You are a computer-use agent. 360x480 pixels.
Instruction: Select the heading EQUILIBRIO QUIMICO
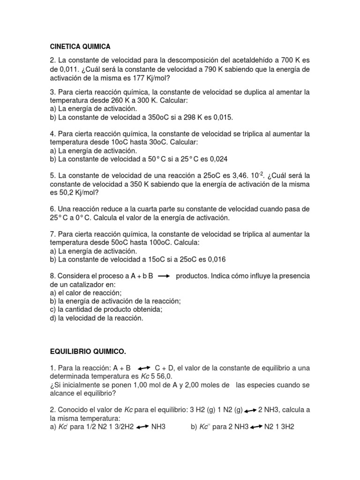pyautogui.click(x=88, y=351)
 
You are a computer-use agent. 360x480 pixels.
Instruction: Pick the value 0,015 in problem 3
pyautogui.click(x=222, y=117)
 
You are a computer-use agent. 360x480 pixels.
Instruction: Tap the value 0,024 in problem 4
pyautogui.click(x=217, y=159)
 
